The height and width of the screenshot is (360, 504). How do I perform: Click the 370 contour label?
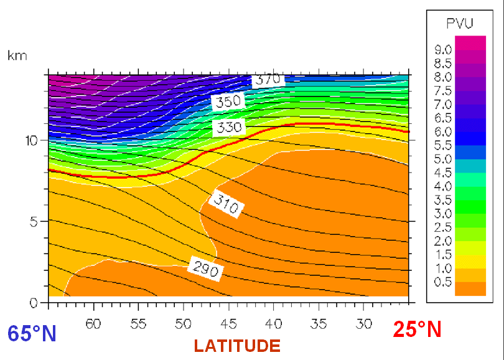coord(268,79)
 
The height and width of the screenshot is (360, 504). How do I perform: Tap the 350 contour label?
coord(227,102)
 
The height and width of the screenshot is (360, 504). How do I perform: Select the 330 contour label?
coord(228,128)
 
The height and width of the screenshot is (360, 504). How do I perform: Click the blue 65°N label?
coord(32,333)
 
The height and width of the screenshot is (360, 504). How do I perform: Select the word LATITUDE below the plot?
coord(237,345)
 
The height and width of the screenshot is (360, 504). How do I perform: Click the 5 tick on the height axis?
coord(35,221)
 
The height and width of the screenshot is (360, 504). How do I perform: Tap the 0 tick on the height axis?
coord(35,303)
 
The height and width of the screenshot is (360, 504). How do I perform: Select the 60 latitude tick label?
coord(93,324)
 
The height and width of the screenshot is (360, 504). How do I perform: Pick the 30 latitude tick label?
coord(364,324)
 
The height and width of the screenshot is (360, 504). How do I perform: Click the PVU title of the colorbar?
coord(460,24)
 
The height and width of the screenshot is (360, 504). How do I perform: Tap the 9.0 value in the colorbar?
coord(442,49)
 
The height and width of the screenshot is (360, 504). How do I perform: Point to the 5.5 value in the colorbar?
coord(442,145)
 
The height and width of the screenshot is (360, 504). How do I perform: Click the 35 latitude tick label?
coord(319,324)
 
